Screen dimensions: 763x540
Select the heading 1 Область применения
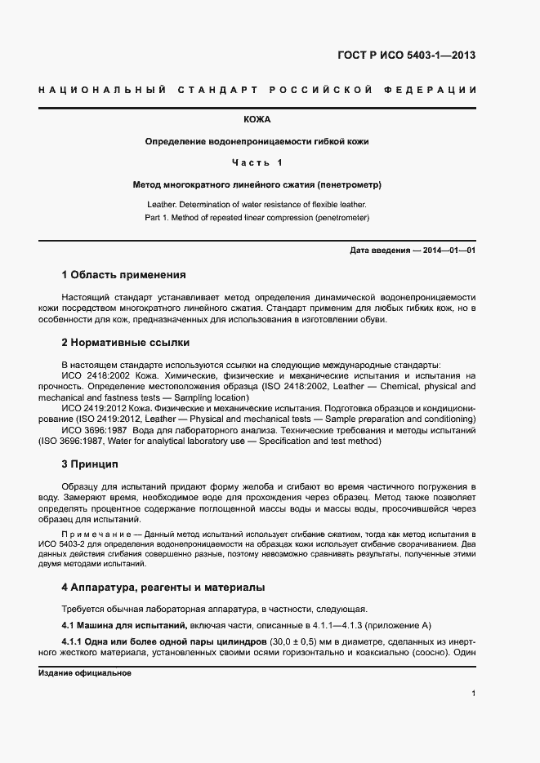tap(124, 274)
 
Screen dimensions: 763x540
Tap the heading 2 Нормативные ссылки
tap(126, 343)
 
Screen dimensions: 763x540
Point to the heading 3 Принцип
tap(90, 464)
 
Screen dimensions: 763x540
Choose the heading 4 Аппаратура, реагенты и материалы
tap(163, 588)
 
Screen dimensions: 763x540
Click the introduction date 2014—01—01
tap(449, 251)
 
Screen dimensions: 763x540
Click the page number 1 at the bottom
tap(474, 693)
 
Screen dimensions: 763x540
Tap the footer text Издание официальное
tap(85, 673)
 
